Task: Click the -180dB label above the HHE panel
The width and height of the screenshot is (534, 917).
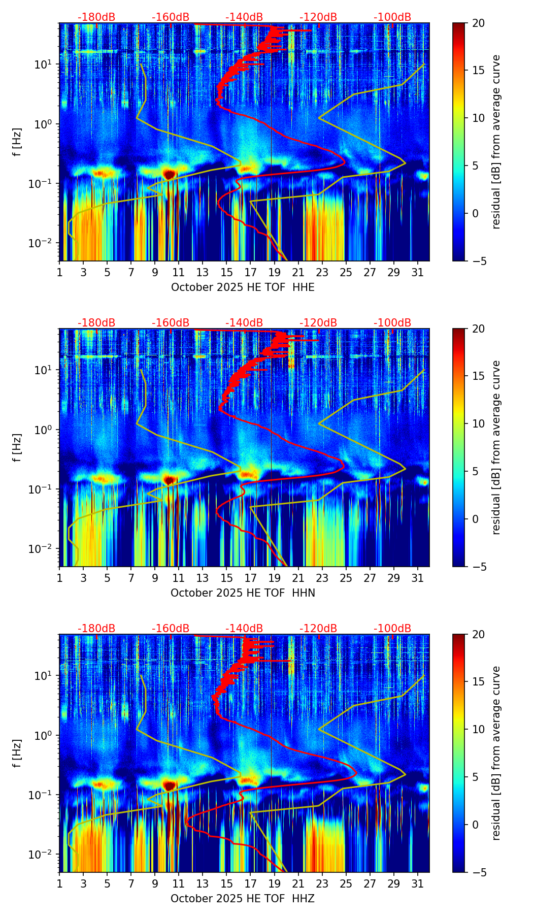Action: (96, 17)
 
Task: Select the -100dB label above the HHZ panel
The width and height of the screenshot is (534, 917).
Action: (392, 629)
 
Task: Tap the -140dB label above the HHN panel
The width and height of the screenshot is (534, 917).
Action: (244, 323)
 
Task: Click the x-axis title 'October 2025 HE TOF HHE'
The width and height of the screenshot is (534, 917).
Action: (243, 287)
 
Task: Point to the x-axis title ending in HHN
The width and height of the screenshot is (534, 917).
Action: (243, 593)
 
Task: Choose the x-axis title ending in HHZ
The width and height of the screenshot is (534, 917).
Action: (243, 899)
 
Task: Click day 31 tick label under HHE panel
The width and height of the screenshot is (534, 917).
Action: (417, 273)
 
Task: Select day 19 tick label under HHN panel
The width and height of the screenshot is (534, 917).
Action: (274, 578)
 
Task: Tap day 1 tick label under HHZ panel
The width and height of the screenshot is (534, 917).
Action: (59, 884)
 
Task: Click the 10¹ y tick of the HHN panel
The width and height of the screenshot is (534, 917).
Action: (47, 370)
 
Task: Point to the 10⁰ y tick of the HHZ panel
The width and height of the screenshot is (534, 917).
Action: (47, 735)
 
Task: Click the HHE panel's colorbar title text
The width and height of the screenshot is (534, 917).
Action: (496, 142)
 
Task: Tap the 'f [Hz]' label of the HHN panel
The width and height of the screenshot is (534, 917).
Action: (18, 447)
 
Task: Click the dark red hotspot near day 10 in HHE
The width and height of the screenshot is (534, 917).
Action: (169, 174)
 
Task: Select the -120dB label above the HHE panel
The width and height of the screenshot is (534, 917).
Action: (318, 17)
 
